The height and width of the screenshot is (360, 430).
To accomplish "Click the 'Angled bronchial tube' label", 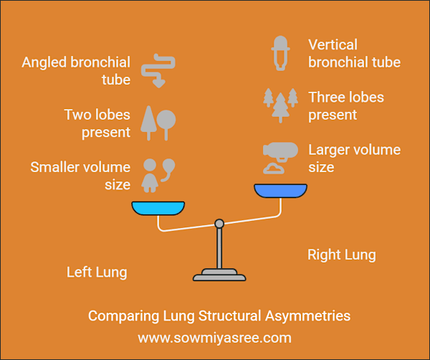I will click(x=76, y=70).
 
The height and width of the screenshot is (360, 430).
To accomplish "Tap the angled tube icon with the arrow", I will click(x=158, y=70).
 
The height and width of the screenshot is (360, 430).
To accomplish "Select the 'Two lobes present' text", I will click(x=97, y=123).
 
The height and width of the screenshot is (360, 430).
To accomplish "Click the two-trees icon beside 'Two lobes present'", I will click(x=158, y=123).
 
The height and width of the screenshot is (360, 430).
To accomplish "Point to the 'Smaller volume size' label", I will click(x=80, y=176).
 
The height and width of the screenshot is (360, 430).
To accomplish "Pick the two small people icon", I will click(x=158, y=174).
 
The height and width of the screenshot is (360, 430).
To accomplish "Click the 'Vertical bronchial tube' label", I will click(x=354, y=53).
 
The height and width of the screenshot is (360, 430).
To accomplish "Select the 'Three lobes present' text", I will click(x=346, y=105).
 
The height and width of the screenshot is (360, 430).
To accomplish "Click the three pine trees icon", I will click(x=279, y=105).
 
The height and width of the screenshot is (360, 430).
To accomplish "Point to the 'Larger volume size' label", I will click(x=354, y=158).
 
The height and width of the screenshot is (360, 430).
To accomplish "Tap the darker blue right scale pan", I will click(x=281, y=191).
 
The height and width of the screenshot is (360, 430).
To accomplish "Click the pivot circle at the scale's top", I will click(x=219, y=224).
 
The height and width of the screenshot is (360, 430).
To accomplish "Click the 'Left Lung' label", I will click(x=97, y=272).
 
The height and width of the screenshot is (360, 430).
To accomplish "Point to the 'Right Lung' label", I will click(x=341, y=255).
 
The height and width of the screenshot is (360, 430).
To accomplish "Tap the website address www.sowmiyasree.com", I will click(x=214, y=336).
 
